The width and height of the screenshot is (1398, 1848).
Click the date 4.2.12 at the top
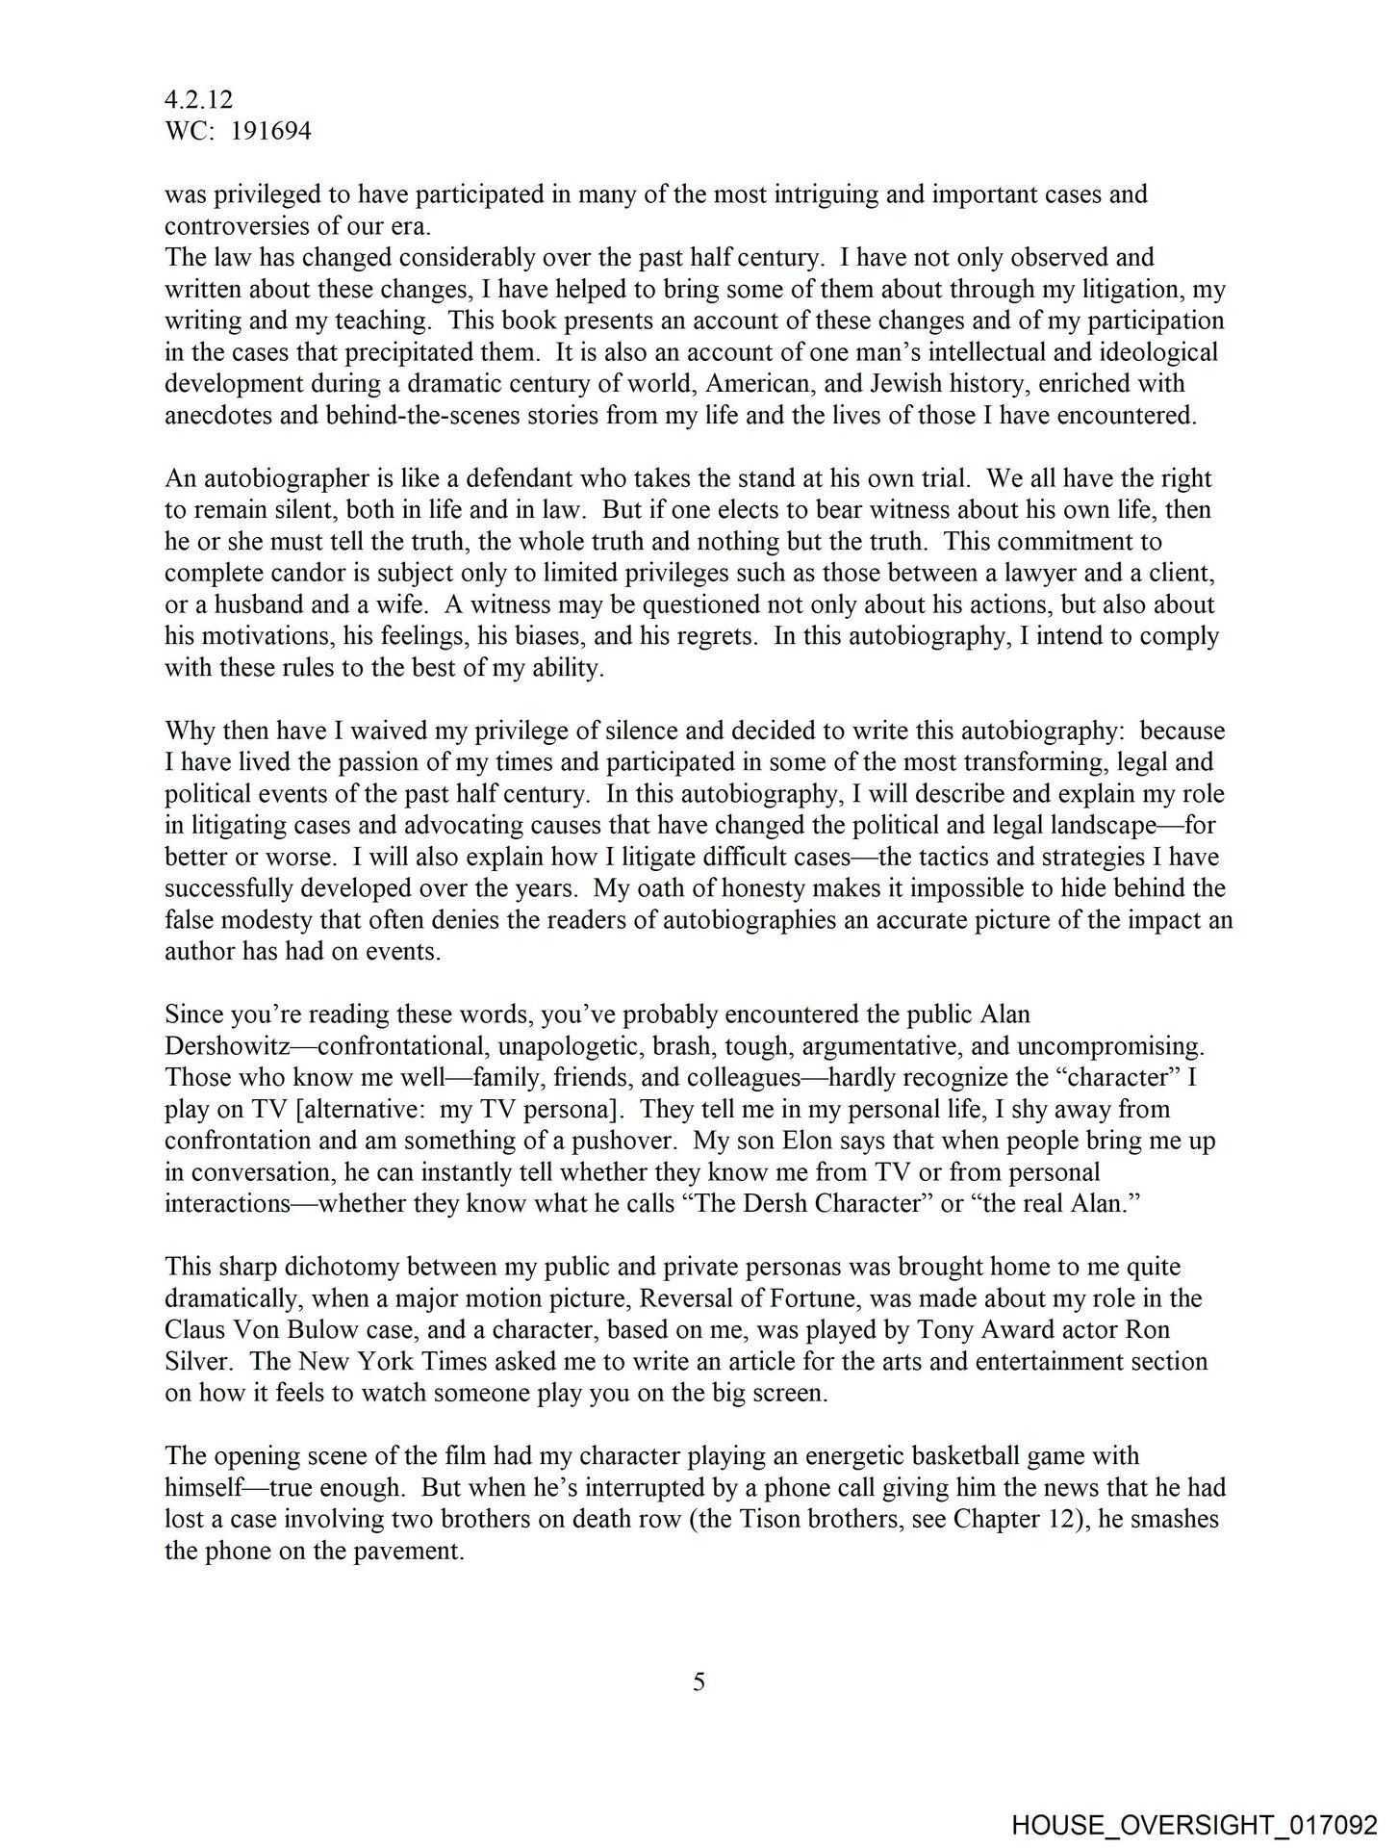pos(198,100)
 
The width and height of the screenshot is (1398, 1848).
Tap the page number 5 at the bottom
pos(699,1681)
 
